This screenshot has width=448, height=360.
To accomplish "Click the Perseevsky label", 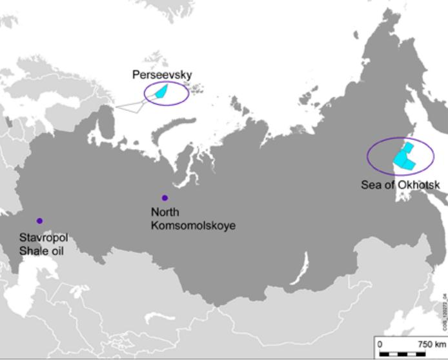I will pos(162,75).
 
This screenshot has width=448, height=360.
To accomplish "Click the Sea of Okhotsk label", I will pos(400,185).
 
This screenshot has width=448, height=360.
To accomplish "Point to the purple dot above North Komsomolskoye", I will pos(165,198).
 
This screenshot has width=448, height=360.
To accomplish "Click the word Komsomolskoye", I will pos(192,226).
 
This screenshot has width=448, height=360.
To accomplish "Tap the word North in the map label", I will pos(165,212).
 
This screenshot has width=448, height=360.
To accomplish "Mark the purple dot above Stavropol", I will pos(40,221).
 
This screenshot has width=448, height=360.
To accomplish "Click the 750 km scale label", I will pos(432,344).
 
